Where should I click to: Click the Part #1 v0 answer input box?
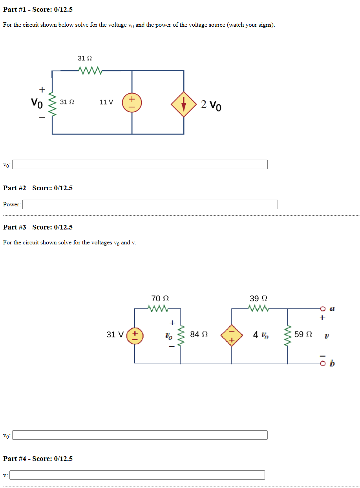[140, 164]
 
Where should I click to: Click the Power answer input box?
[150, 204]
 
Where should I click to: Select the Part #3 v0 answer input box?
[140, 435]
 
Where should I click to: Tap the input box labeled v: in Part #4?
[137, 475]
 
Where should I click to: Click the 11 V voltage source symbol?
[132, 102]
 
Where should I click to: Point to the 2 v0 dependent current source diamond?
[183, 104]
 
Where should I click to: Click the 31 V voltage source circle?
[135, 335]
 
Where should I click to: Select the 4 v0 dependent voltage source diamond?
[232, 336]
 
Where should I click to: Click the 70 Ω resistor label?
[160, 298]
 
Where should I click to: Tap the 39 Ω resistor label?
[259, 298]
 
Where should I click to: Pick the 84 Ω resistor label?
[199, 335]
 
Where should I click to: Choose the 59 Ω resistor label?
[303, 335]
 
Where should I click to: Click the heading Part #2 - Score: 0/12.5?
[38, 188]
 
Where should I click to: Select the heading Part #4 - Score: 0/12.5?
[38, 459]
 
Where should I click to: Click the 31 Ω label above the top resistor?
[85, 58]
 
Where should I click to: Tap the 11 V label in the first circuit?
[106, 102]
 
